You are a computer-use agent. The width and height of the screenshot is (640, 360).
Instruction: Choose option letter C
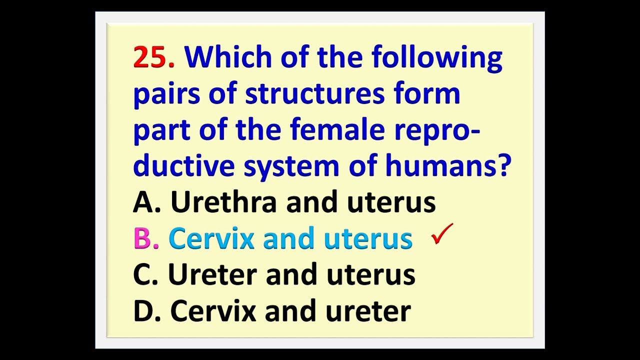pyautogui.click(x=144, y=274)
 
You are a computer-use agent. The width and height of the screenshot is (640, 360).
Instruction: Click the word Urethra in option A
pyautogui.click(x=223, y=202)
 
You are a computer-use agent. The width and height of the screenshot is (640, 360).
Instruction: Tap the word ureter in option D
pyautogui.click(x=368, y=311)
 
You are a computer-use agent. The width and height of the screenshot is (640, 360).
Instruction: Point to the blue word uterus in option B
pyautogui.click(x=368, y=238)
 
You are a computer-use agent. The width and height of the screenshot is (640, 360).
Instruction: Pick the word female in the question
pyautogui.click(x=337, y=130)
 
